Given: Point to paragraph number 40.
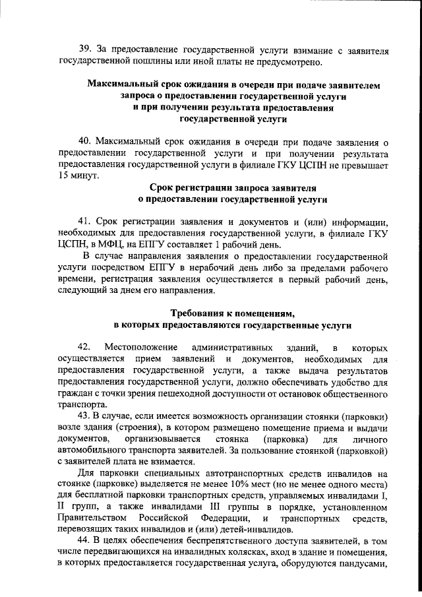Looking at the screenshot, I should pyautogui.click(x=84, y=142).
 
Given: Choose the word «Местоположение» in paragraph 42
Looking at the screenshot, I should pyautogui.click(x=140, y=348).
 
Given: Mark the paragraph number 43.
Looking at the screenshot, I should pyautogui.click(x=84, y=416).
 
